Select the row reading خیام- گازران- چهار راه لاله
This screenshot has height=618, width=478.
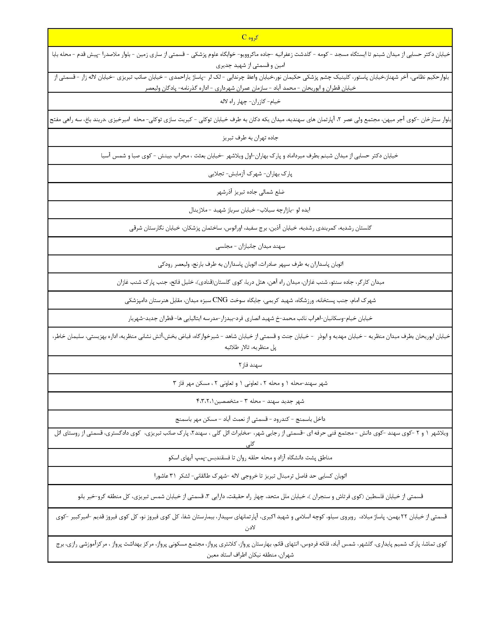pyautogui.click(x=250, y=101)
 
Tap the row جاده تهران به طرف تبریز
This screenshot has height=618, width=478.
pyautogui.click(x=250, y=138)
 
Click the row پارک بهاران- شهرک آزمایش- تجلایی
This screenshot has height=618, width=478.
pyautogui.click(x=250, y=174)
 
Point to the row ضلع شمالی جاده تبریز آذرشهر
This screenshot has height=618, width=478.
pyautogui.click(x=250, y=192)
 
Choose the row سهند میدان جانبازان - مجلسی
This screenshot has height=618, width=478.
pyautogui.click(x=250, y=246)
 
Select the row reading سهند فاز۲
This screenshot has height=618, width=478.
pyautogui.click(x=250, y=365)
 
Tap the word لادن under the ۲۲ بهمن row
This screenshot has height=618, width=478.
pyautogui.click(x=250, y=528)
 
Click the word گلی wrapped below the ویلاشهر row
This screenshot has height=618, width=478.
pyautogui.click(x=250, y=445)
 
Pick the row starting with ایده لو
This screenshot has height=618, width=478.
pyautogui.click(x=250, y=210)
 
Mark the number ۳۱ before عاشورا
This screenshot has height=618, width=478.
pyautogui.click(x=173, y=476)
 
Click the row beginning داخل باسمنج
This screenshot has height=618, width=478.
pyautogui.click(x=250, y=419)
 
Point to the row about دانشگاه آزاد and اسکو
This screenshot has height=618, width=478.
pyautogui.click(x=250, y=457)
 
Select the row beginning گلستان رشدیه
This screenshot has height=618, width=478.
pyautogui.click(x=250, y=228)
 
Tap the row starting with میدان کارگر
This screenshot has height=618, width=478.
pyautogui.click(x=250, y=282)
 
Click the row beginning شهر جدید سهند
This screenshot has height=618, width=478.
pyautogui.click(x=250, y=401)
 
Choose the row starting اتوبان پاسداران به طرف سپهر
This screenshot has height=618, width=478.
pyautogui.click(x=250, y=264)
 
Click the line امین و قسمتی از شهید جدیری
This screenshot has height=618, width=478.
pyautogui.click(x=250, y=65)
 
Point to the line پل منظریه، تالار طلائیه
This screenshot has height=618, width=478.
pyautogui.click(x=250, y=347)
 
